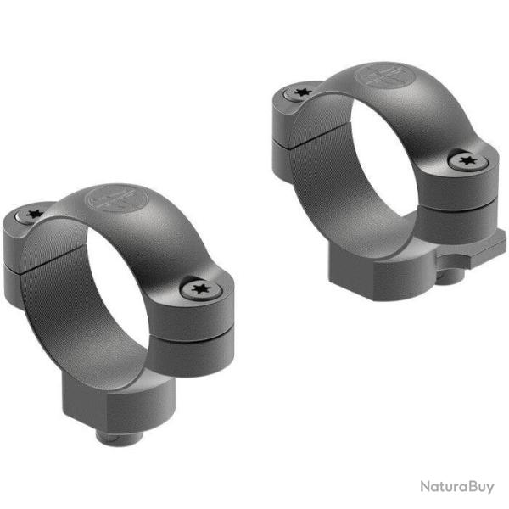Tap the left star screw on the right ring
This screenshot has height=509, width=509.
point(299,92)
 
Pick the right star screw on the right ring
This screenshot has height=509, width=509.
point(464,160)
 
